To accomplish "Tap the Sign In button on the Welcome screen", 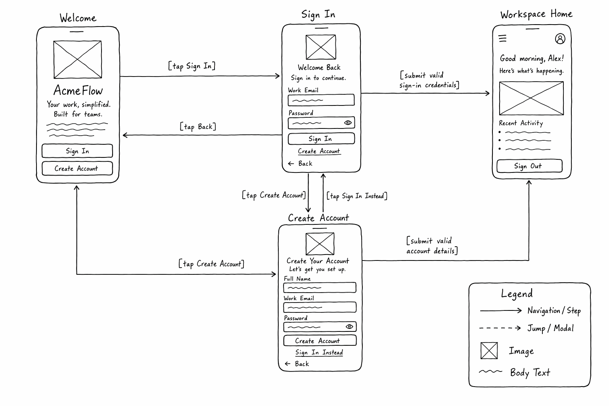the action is pyautogui.click(x=77, y=151).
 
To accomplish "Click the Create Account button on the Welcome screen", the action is pyautogui.click(x=77, y=169).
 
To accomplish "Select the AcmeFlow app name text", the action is pyautogui.click(x=78, y=90).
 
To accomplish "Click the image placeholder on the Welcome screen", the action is pyautogui.click(x=77, y=59).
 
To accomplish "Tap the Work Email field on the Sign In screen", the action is pyautogui.click(x=321, y=100).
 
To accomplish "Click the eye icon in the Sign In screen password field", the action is pyautogui.click(x=348, y=123).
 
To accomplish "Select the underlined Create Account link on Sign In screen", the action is pyautogui.click(x=319, y=151).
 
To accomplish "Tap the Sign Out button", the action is pyautogui.click(x=529, y=166).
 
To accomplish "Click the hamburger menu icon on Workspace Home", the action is pyautogui.click(x=502, y=38).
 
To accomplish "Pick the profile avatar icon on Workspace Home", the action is pyautogui.click(x=560, y=39).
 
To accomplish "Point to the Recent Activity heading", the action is pyautogui.click(x=521, y=123).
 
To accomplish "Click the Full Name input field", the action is pyautogui.click(x=320, y=287).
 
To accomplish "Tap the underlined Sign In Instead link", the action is pyautogui.click(x=319, y=352).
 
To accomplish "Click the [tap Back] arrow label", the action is pyautogui.click(x=198, y=127).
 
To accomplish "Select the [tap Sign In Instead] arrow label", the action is pyautogui.click(x=357, y=196).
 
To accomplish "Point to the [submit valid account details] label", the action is pyautogui.click(x=432, y=245).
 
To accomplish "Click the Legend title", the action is pyautogui.click(x=517, y=294).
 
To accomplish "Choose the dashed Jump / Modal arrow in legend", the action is pyautogui.click(x=500, y=328).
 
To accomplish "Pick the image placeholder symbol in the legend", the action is pyautogui.click(x=489, y=350).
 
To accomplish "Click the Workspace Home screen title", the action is pyautogui.click(x=536, y=14).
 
